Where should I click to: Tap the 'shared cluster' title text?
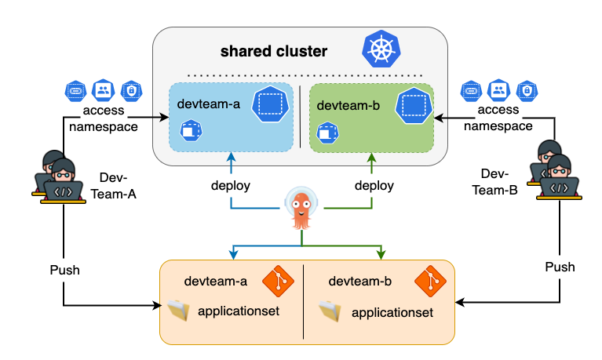point(273,52)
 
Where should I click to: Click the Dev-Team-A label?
point(119,185)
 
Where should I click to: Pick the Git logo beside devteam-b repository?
point(429,280)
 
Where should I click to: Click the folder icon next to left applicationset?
point(178,311)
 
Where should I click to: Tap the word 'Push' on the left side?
point(64,269)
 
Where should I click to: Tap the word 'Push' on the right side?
point(560,267)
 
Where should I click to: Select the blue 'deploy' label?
point(231,186)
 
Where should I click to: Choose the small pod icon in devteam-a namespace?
point(190,129)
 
